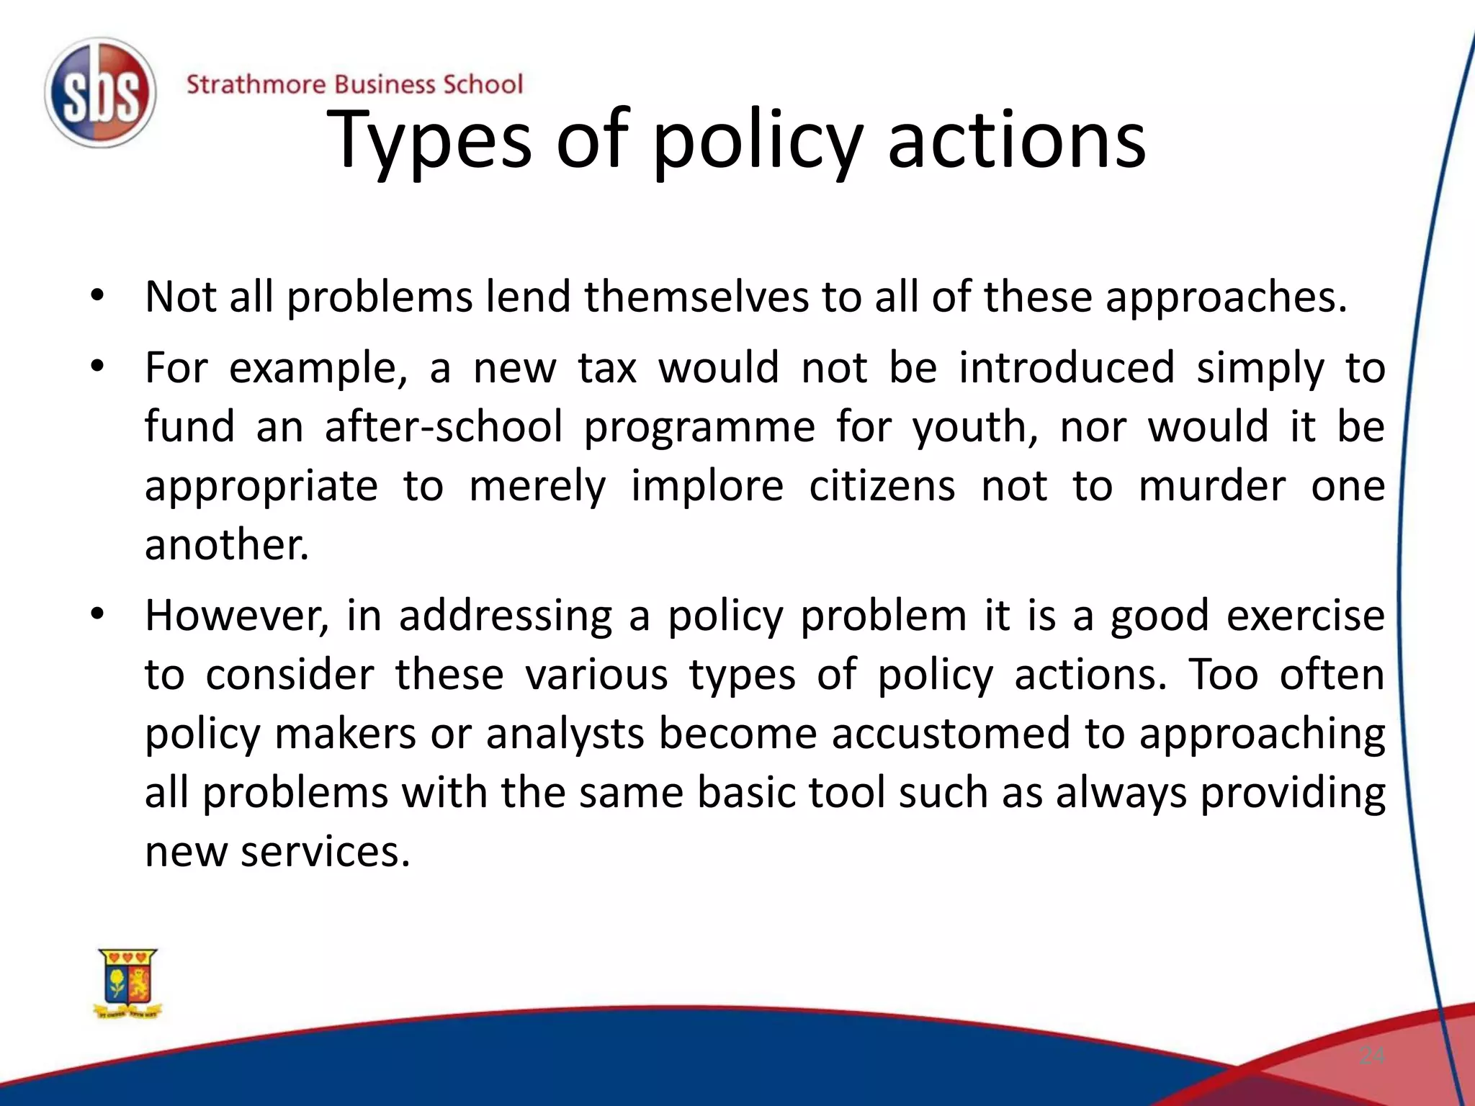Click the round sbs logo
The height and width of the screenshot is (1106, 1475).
pos(100,94)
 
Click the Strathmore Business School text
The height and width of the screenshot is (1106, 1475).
pos(354,85)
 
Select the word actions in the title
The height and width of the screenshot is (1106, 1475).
pos(1016,140)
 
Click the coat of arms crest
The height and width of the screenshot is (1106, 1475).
pos(128,983)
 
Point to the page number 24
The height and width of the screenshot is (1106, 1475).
pos(1371,1056)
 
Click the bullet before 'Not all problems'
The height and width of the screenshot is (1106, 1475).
pos(98,295)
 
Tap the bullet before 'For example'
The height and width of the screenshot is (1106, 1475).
pos(98,367)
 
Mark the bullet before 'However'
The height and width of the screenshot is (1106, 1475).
pos(98,614)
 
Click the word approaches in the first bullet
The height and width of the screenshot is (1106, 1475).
pos(1225,297)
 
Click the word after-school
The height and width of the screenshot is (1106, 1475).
pos(443,426)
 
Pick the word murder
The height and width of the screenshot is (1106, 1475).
pos(1211,486)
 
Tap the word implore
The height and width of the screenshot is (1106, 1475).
pos(707,486)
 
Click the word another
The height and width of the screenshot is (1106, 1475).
pos(226,544)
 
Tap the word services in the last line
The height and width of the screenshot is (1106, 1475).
pos(325,852)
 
